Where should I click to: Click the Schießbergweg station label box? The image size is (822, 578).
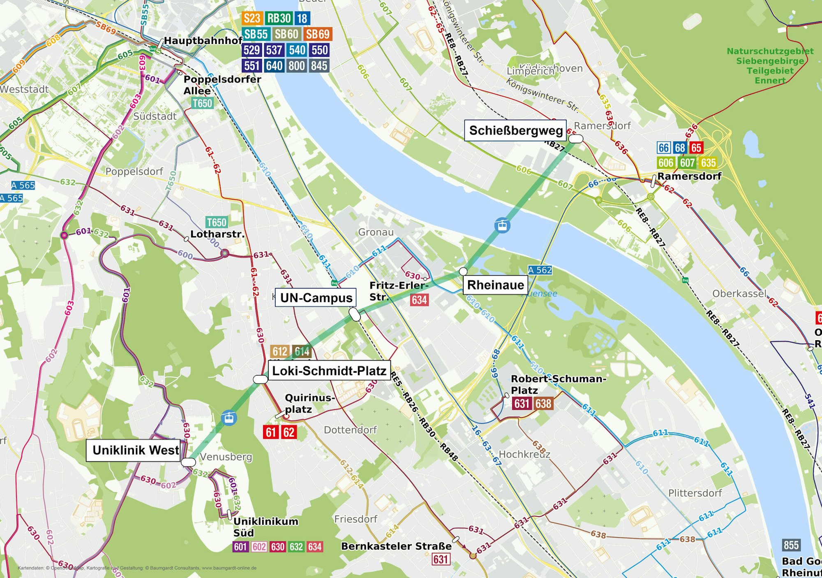515,130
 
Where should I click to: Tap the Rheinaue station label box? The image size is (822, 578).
495,285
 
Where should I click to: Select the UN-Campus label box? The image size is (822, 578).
316,297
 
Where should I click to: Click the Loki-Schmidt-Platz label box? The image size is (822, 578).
329,371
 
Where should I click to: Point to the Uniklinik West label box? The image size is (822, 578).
135,450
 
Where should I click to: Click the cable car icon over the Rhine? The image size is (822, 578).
502,225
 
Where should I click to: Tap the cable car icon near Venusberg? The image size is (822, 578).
229,418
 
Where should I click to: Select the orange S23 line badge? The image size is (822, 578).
252,18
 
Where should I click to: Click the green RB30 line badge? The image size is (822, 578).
279,18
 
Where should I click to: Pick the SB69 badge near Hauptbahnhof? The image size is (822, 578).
318,34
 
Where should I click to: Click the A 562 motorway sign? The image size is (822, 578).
540,270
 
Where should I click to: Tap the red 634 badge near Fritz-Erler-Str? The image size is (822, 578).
419,300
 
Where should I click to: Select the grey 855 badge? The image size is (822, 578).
791,545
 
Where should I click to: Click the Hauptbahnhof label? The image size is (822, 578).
203,41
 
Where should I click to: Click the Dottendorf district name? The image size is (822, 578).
350,430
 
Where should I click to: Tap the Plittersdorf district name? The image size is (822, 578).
695,493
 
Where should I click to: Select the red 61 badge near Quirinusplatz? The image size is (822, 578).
270,432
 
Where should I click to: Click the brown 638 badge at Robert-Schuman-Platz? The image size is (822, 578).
543,404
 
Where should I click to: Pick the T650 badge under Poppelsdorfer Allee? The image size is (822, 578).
203,103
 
